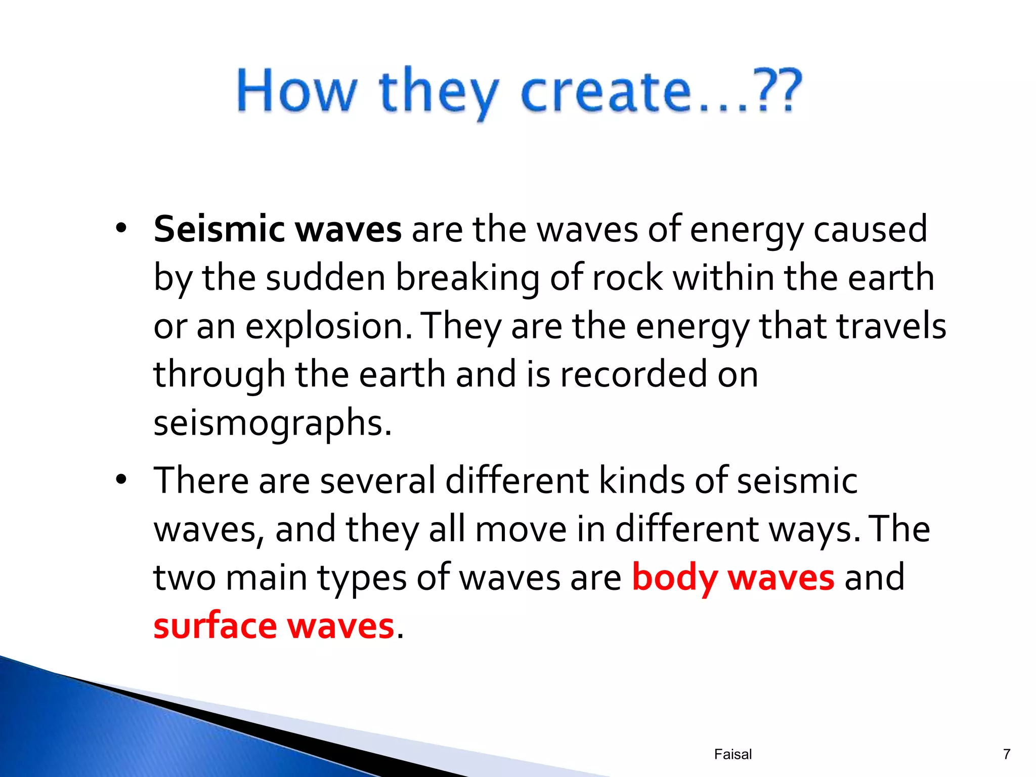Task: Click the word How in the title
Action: [x=297, y=91]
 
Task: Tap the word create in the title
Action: [x=606, y=92]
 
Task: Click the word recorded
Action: [x=633, y=375]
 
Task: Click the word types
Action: [x=362, y=578]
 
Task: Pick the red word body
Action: [x=675, y=578]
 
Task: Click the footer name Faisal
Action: [x=733, y=754]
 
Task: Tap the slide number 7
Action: [x=1006, y=754]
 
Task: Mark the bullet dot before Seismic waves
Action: [x=120, y=229]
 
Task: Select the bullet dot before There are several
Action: [x=120, y=480]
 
